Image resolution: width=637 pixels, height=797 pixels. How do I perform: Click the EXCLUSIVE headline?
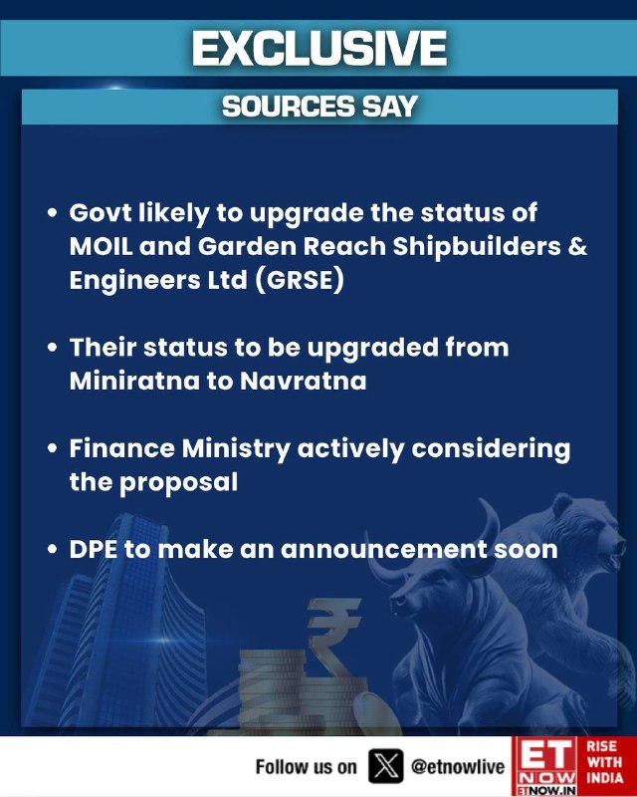coord(319,48)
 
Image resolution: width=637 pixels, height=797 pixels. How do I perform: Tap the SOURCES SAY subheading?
coord(319,107)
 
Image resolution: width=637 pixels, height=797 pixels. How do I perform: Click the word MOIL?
coord(102,246)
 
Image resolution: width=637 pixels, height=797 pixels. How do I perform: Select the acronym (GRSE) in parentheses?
coord(300,280)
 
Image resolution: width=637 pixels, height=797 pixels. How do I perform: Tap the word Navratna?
coord(303,381)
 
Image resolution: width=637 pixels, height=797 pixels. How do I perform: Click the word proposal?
coord(178,483)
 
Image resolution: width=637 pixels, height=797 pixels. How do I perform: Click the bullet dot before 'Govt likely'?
coord(52,212)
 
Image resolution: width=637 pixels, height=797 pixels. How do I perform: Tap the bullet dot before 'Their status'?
coord(52,347)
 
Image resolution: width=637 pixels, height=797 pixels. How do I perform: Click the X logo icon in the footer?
coord(385,766)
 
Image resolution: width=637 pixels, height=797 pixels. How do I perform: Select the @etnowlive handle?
coord(458,766)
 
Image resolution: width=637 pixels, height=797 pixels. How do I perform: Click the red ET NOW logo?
coord(545,766)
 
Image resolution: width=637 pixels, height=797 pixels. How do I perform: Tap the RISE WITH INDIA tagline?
coord(604,762)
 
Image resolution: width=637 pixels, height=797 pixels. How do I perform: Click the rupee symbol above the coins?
coord(331,635)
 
